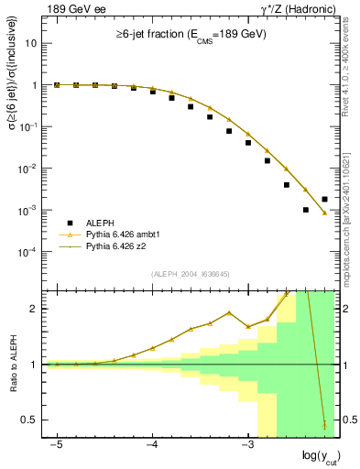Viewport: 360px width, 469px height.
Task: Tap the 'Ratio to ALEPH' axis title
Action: pyautogui.click(x=12, y=365)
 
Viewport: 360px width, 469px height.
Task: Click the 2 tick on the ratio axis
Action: pyautogui.click(x=34, y=309)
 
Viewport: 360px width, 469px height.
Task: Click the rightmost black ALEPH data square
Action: pyautogui.click(x=324, y=199)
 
